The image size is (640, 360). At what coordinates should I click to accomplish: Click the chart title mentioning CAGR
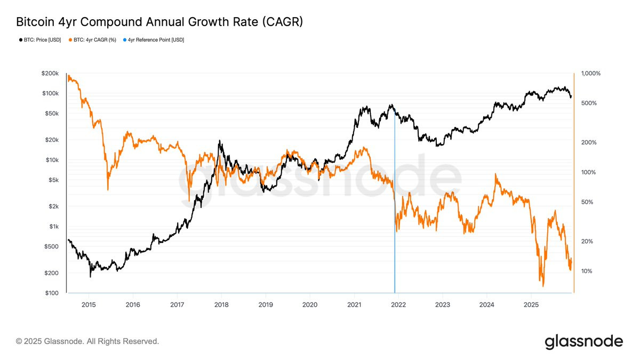[159, 22]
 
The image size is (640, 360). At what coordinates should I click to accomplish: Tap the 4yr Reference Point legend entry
[155, 40]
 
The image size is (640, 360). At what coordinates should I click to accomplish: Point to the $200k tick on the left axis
[50, 73]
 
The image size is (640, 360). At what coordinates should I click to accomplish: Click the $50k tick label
[52, 114]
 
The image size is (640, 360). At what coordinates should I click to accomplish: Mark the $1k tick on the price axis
[53, 227]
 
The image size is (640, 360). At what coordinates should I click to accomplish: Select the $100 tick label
[51, 293]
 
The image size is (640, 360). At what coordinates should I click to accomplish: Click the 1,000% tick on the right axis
[590, 73]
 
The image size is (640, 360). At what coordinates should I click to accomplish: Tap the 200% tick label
[589, 142]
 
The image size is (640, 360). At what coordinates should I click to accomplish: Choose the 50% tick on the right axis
[588, 202]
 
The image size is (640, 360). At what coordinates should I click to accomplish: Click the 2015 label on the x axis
[89, 305]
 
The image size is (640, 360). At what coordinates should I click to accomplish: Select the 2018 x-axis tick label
[221, 305]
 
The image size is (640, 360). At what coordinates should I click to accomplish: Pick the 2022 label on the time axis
[398, 305]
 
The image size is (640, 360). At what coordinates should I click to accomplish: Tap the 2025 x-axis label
[531, 305]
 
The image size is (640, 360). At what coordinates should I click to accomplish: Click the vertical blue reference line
[395, 213]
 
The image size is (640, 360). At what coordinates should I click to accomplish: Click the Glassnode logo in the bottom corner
[583, 341]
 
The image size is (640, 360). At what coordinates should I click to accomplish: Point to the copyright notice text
[87, 341]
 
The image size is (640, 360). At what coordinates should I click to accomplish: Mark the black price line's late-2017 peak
[220, 141]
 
